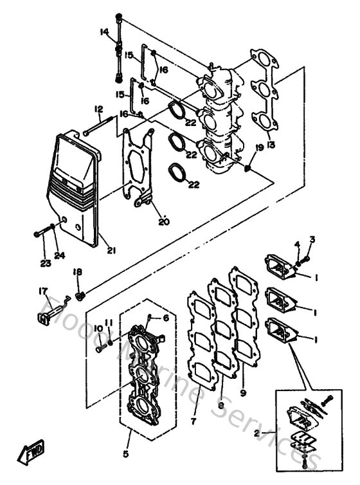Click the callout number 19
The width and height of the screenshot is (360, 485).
coord(260,148)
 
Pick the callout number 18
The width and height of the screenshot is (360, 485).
coord(78,273)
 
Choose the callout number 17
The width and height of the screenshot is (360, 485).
coord(43,291)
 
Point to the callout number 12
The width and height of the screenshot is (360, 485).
coord(98,109)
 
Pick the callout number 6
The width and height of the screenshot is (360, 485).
coord(165,318)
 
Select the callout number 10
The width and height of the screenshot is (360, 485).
coord(99,329)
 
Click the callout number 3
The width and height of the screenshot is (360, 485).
coord(312,239)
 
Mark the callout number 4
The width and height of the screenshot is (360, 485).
coord(297,244)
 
